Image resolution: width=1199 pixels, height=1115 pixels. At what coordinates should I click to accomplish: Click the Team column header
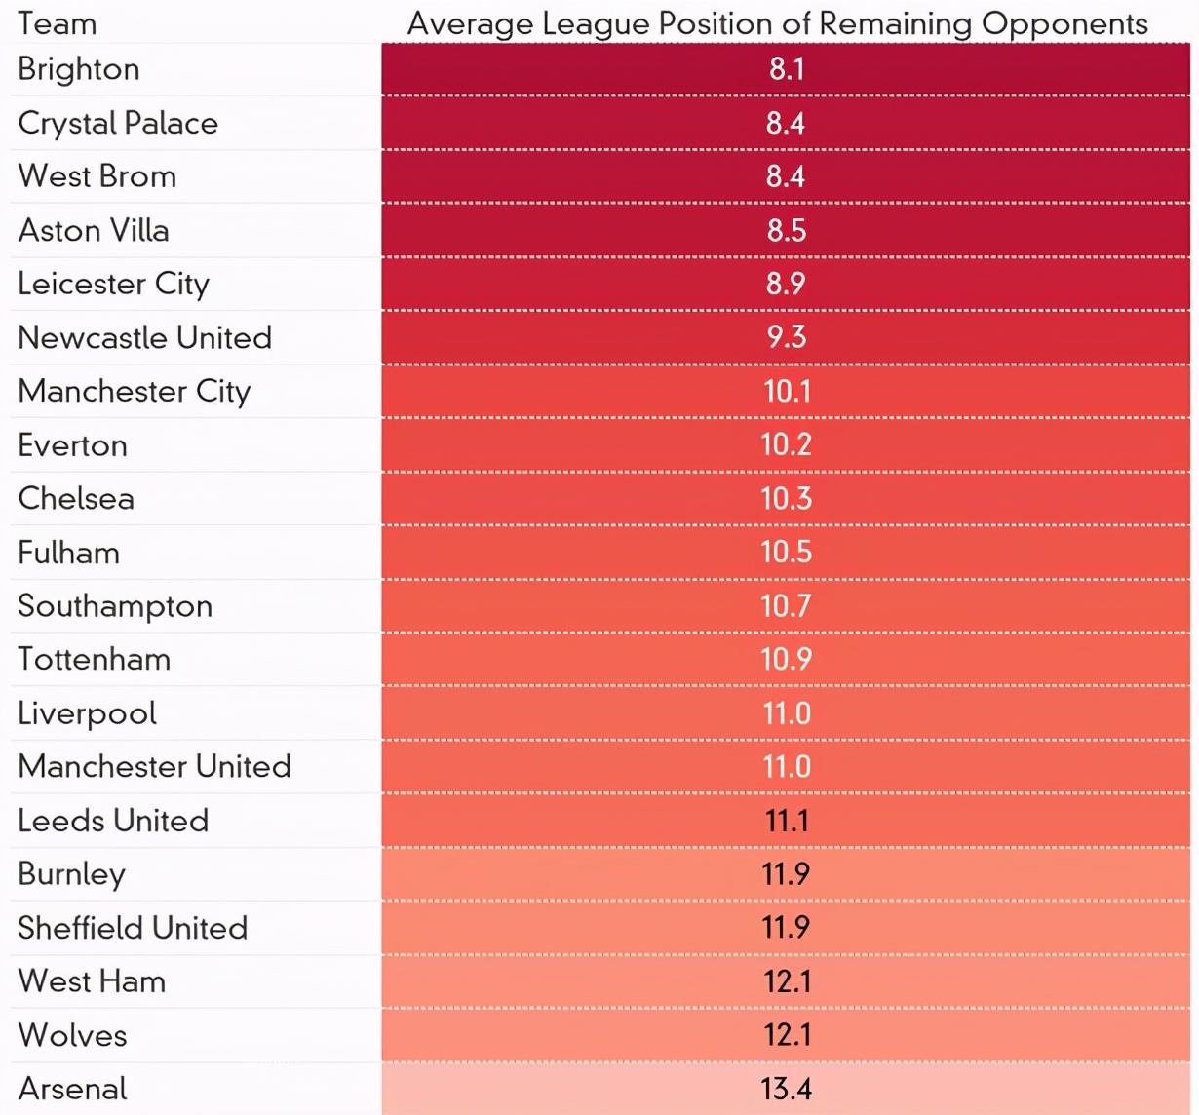coord(58,23)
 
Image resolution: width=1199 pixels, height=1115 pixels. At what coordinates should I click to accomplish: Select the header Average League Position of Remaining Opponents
coord(777,23)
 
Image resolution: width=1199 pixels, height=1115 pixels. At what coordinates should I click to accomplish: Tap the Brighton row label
coord(79,69)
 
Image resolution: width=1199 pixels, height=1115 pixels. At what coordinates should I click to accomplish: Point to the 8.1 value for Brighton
coord(786,69)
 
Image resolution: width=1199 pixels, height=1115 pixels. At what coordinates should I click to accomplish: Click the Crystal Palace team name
coord(118,123)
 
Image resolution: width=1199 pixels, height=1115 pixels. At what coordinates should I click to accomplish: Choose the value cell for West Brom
coord(786,176)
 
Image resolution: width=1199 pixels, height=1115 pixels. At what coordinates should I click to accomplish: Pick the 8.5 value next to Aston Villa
coord(786,230)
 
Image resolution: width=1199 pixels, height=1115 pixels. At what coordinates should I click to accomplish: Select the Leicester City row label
coord(113,284)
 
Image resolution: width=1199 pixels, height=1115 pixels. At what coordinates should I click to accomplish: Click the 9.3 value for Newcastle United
coord(786,337)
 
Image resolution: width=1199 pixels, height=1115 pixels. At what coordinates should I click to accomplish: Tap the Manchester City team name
coord(135,391)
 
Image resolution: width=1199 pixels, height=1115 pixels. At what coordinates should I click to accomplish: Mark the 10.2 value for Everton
coord(786,444)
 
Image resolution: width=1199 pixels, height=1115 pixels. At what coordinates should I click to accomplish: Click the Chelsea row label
coord(76,498)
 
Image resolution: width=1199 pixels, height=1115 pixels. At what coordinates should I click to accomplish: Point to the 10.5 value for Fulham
coord(786,552)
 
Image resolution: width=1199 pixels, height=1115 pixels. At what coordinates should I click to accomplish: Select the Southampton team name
coord(115,605)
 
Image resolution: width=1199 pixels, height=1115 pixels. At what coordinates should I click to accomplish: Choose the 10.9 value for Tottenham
coord(786,659)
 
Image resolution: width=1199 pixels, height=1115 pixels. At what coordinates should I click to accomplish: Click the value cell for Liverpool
coord(786,712)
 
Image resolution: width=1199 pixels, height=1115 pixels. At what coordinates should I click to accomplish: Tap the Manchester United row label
coord(154,766)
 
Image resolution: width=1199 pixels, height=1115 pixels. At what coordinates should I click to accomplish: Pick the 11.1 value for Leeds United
coord(786,820)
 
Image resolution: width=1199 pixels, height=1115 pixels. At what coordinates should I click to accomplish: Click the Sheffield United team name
coord(133,927)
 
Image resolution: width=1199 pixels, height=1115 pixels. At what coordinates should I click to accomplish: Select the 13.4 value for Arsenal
coord(786,1088)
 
